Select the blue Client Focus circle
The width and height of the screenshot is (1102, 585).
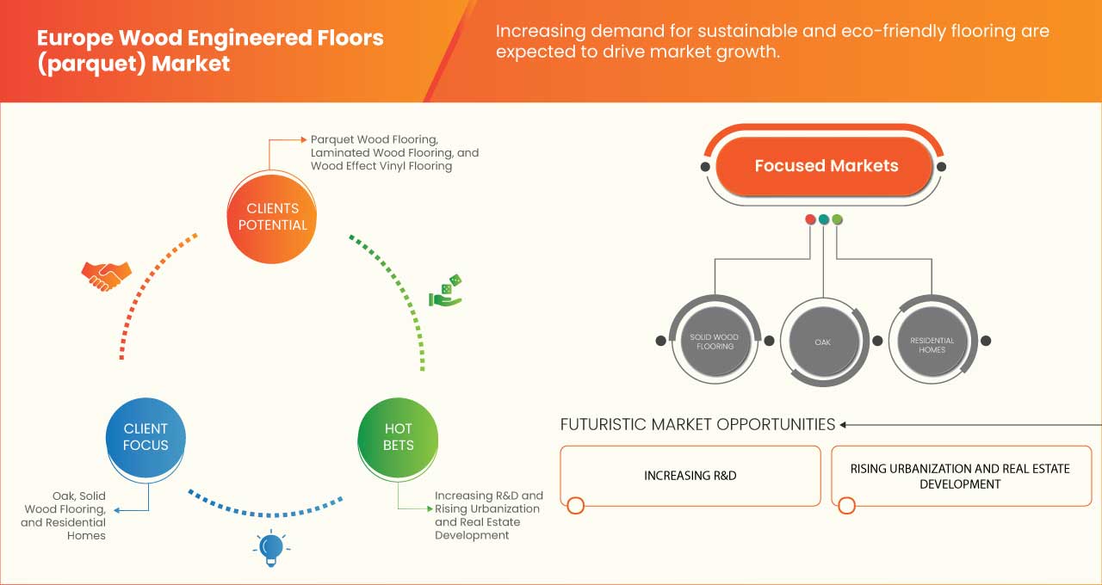click(145, 437)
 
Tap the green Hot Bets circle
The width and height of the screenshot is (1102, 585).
click(398, 437)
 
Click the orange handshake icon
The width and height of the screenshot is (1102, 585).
click(106, 275)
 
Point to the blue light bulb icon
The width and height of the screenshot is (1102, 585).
click(271, 548)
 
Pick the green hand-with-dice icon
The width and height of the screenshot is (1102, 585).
click(446, 291)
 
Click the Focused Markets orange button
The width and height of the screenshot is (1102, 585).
click(826, 166)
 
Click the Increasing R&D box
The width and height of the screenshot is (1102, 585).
click(690, 476)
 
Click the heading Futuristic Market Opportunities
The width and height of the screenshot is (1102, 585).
click(697, 424)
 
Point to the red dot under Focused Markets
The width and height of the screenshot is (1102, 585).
click(810, 219)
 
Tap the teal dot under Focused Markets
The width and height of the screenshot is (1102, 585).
click(824, 219)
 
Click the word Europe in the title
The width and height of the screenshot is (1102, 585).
click(76, 38)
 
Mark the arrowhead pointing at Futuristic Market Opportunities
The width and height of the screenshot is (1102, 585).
click(844, 424)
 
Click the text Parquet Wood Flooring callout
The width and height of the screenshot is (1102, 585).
click(375, 139)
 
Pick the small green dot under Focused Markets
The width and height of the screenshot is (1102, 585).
click(837, 219)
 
